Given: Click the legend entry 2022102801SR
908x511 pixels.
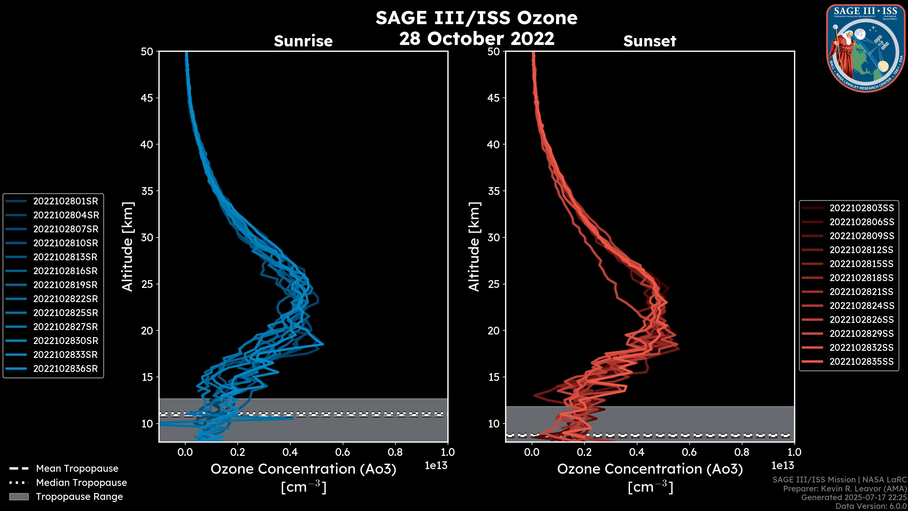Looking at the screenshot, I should tap(65, 201).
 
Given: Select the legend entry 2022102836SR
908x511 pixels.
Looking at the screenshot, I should tap(65, 369).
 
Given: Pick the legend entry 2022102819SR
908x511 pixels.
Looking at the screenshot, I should tap(65, 285).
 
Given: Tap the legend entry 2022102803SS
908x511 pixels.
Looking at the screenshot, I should tap(861, 208).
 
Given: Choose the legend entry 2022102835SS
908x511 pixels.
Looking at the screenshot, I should tap(861, 361).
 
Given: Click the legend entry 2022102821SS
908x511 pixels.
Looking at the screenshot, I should tap(861, 292).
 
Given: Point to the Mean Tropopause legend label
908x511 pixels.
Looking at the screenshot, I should tap(77, 469).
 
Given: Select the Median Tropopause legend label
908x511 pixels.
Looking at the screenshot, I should tap(81, 483).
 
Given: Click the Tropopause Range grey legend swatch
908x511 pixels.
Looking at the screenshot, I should tap(19, 497).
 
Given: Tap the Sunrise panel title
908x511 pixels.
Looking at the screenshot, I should tap(303, 41).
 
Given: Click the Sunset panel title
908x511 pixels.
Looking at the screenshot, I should tap(650, 41).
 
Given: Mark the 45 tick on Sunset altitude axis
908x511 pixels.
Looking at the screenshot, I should tap(493, 98).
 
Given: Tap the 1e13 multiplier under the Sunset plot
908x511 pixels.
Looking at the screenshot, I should tap(782, 466).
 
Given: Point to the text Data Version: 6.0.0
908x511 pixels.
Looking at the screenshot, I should tap(871, 507).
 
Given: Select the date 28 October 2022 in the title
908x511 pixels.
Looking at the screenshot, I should tap(476, 38).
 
